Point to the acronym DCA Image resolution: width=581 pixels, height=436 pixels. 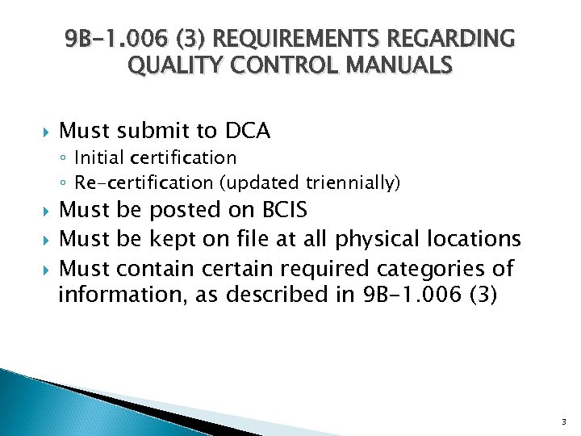(x=249, y=130)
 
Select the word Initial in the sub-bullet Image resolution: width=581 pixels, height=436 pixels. (x=99, y=157)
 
